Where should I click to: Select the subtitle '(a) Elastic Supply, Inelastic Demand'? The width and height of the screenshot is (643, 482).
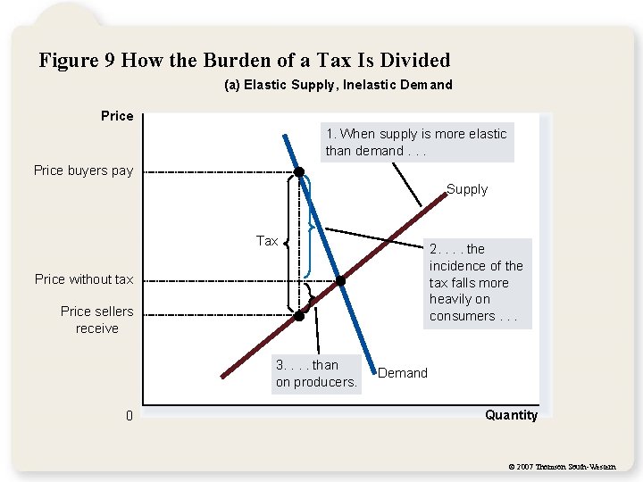(338, 85)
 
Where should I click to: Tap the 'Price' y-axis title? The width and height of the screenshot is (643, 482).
(117, 116)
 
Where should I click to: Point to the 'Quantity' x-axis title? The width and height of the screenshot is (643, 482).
(511, 415)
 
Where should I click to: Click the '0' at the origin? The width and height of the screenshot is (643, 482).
(129, 416)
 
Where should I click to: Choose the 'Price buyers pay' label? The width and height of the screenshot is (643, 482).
(83, 170)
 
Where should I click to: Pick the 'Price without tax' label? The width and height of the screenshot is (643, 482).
(84, 279)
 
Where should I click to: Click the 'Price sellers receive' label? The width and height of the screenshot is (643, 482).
(96, 320)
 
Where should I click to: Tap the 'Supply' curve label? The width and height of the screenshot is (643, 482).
(467, 189)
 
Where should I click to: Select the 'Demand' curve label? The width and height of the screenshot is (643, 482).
(403, 373)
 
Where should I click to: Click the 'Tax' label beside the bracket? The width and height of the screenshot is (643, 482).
(267, 241)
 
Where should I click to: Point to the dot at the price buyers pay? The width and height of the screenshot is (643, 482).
(299, 171)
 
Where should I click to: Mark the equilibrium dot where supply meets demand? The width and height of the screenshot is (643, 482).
(340, 281)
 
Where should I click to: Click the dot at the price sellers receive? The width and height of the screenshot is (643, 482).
(299, 315)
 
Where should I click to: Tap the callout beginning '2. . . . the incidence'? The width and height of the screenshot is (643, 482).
(476, 282)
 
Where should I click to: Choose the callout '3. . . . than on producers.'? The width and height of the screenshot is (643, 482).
(316, 373)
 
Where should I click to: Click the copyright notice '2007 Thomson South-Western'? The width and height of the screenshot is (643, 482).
(561, 467)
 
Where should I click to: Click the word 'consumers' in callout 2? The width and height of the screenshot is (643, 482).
(462, 316)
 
